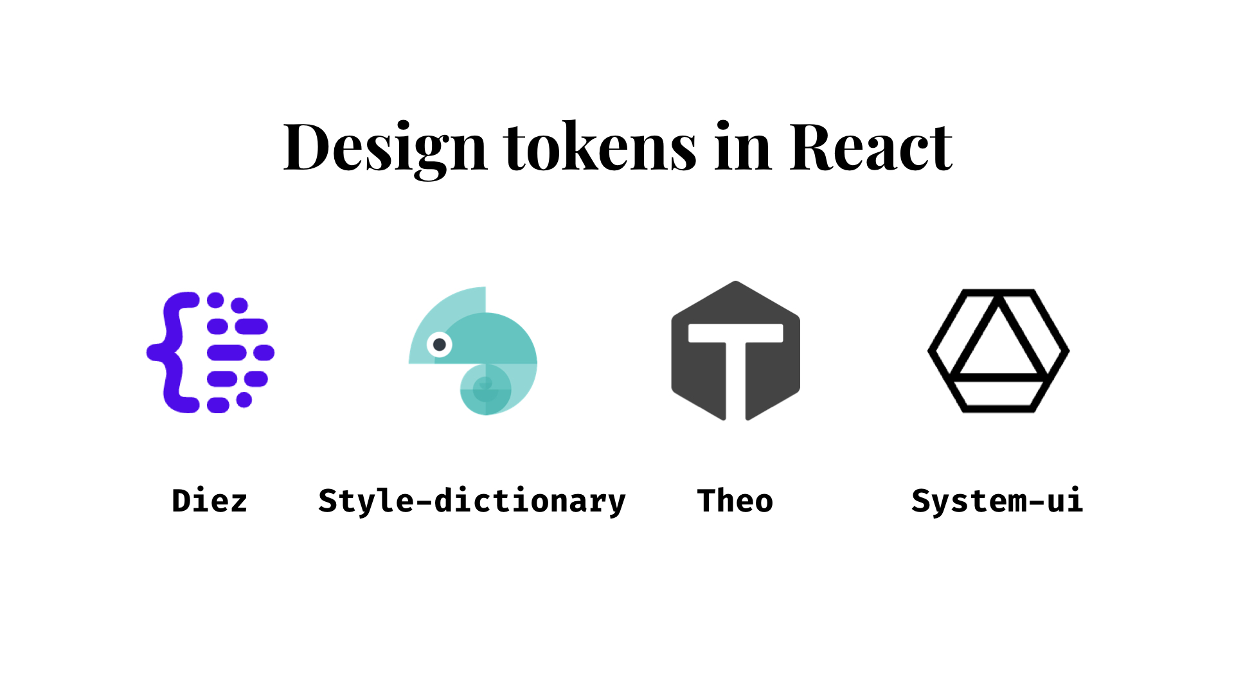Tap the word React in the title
[871, 148]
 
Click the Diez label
[210, 501]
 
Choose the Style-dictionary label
[472, 502]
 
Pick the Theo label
[735, 501]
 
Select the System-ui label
[997, 501]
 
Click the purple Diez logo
[211, 352]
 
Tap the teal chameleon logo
[473, 351]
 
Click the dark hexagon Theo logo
[736, 351]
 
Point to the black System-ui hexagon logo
[998, 351]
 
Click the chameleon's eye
[440, 345]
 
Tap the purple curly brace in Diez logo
[172, 352]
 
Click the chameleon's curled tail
[486, 389]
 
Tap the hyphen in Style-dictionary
[424, 502]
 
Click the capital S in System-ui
[920, 501]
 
